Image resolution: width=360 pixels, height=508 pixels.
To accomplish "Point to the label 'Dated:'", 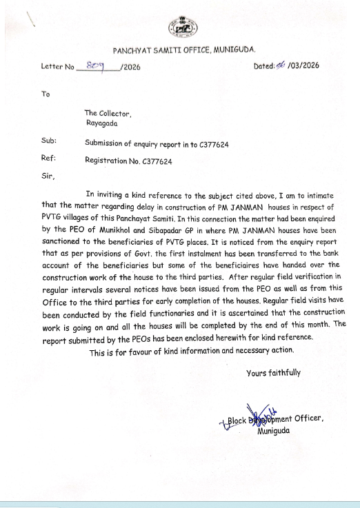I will (265, 65).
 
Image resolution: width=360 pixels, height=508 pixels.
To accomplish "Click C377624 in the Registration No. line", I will (157, 161).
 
